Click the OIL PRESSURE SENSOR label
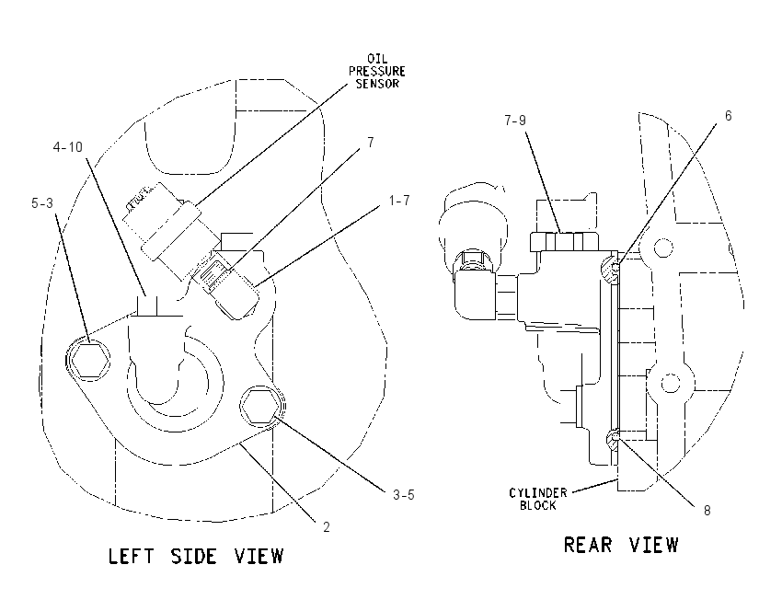(x=376, y=72)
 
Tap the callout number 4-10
(x=68, y=147)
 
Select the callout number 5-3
(x=42, y=203)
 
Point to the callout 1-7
(x=399, y=201)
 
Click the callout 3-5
(x=404, y=495)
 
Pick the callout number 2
(x=327, y=527)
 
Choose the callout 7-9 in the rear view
(x=514, y=121)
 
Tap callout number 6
(x=728, y=116)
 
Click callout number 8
(x=707, y=511)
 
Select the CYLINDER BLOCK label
(x=538, y=500)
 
